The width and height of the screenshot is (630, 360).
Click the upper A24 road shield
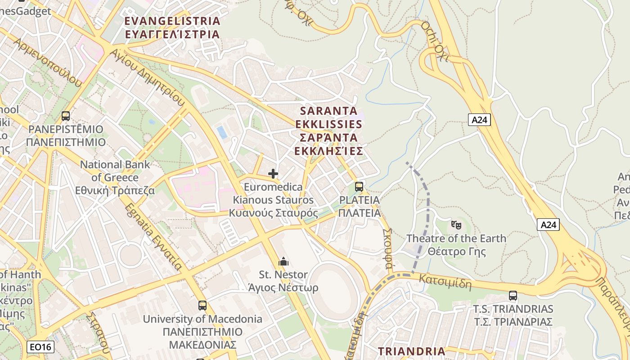(x=479, y=120)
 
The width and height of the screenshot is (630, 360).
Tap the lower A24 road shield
(x=548, y=225)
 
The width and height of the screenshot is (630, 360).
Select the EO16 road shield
(x=41, y=347)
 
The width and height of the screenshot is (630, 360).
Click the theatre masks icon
(x=456, y=224)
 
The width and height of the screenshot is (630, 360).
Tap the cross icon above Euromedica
(x=273, y=174)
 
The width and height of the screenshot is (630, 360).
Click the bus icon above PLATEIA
(x=359, y=186)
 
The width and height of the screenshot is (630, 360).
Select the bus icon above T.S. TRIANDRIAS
(x=513, y=296)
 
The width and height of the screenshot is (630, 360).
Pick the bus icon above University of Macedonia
(x=202, y=306)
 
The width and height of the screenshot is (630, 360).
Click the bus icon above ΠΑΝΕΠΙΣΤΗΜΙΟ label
(x=66, y=116)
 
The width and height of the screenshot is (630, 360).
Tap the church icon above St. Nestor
(x=283, y=261)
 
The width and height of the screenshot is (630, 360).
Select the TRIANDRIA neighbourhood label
(x=411, y=351)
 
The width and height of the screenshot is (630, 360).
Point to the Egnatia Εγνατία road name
(x=153, y=237)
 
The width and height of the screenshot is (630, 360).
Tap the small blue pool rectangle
(x=222, y=132)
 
